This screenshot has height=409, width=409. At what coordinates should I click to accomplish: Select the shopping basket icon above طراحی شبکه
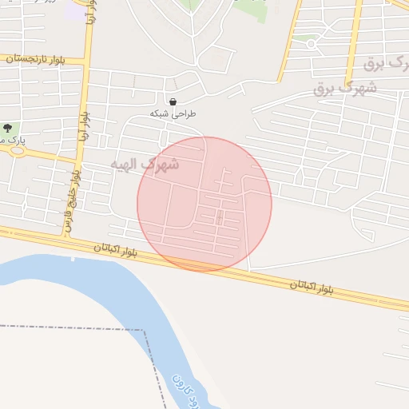173,102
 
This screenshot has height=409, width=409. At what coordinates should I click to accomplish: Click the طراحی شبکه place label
173,114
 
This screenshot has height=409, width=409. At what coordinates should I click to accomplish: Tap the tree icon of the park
7,128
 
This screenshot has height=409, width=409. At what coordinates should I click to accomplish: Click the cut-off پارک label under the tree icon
14,140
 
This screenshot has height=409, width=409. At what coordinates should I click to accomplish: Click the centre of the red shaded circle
204,204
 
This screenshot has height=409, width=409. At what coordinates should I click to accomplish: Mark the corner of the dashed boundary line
145,329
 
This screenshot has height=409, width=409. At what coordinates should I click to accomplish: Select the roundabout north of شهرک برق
312,44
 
